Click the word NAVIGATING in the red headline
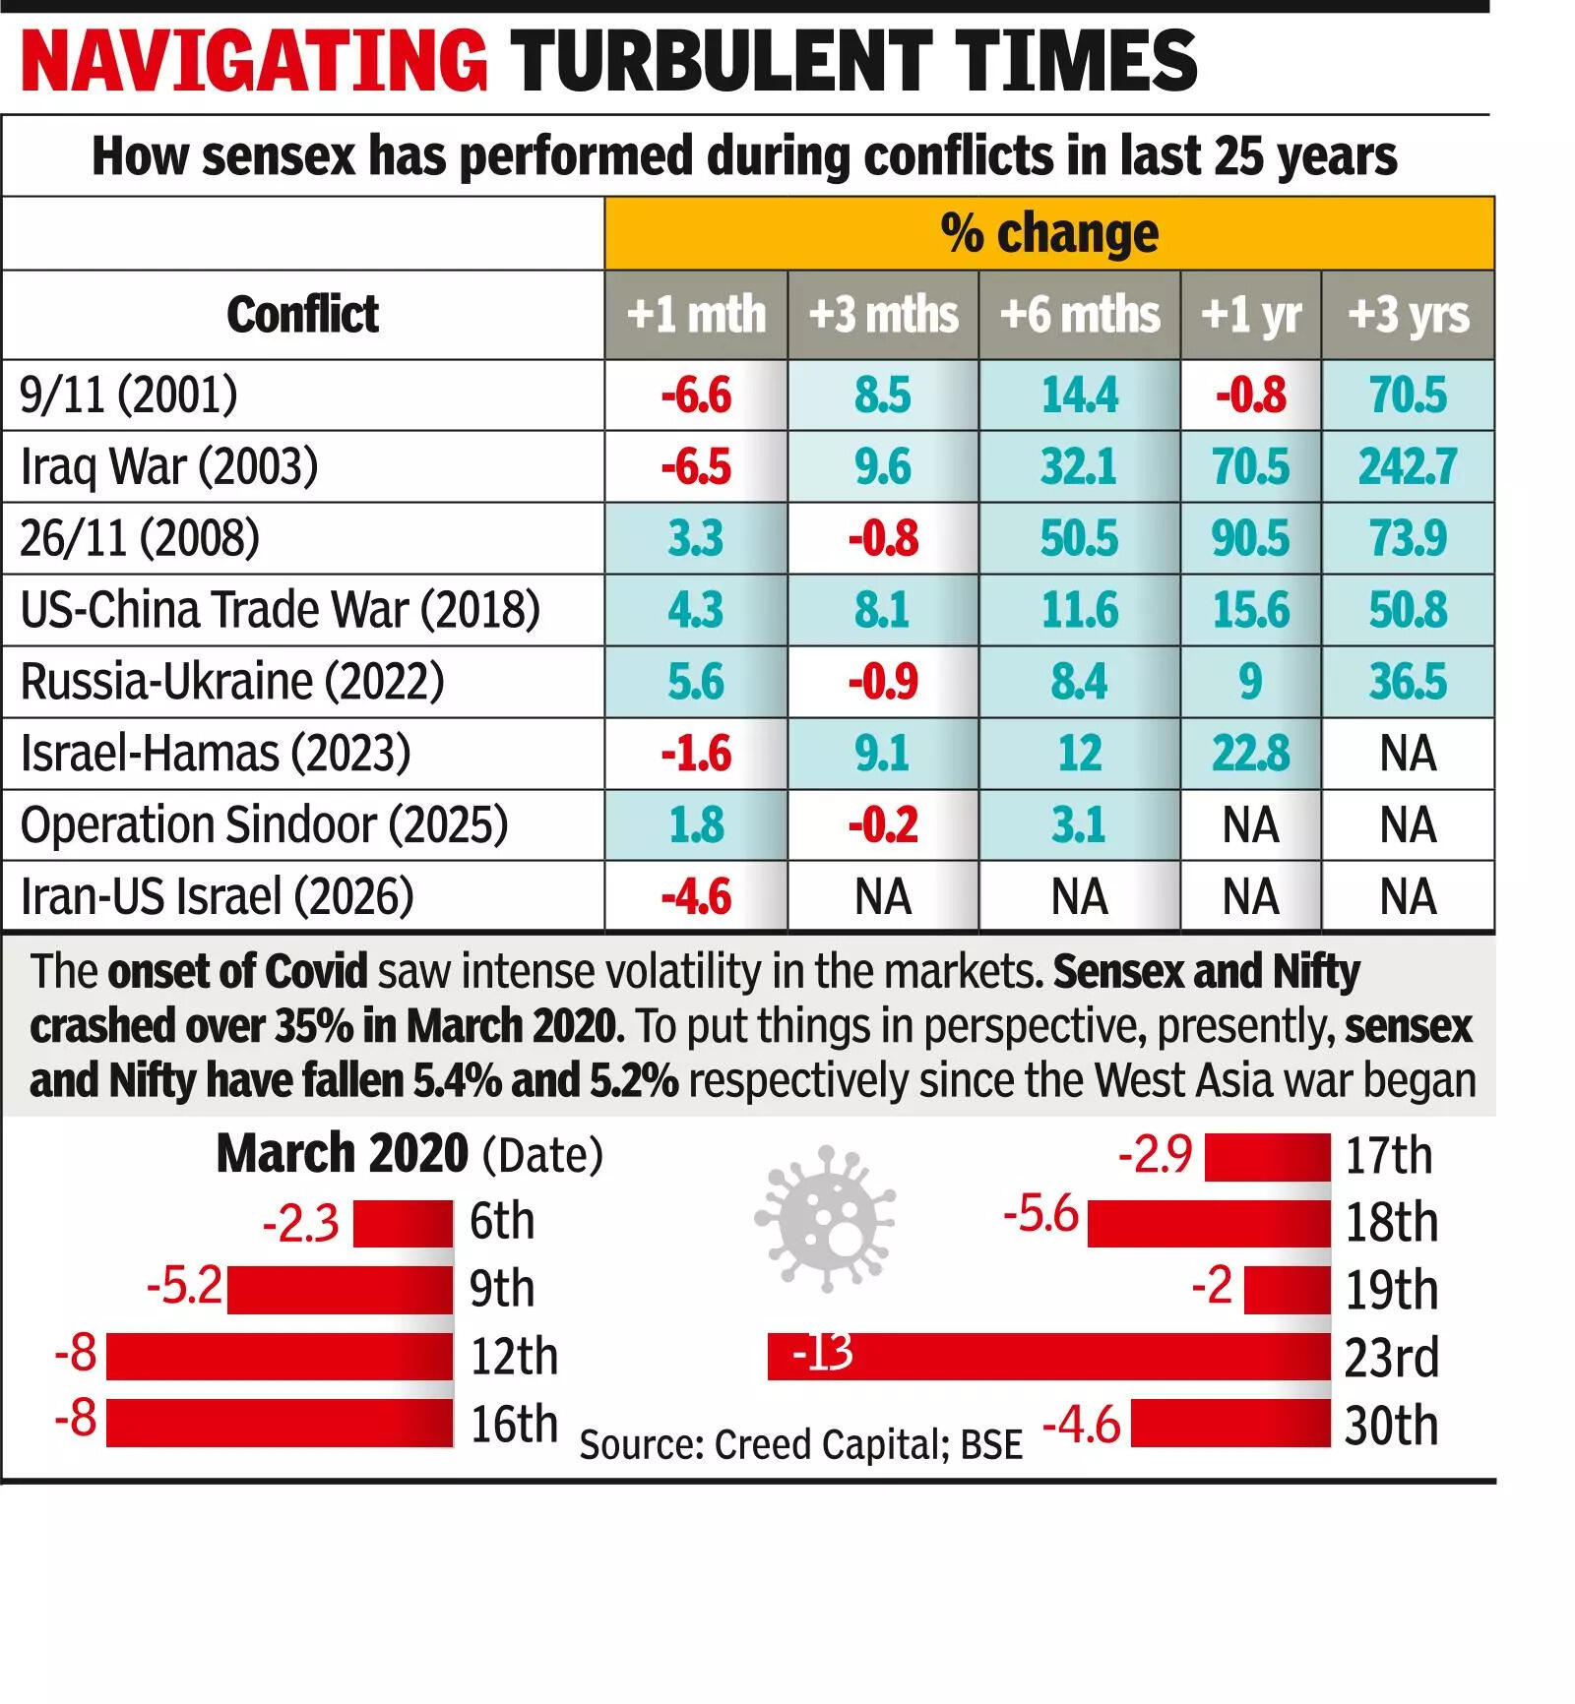click(254, 61)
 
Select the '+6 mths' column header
click(1079, 315)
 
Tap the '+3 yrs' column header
click(1408, 315)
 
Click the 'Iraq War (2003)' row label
click(169, 466)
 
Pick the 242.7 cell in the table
click(1408, 466)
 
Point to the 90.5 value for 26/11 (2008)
click(1250, 538)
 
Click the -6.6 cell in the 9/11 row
click(696, 396)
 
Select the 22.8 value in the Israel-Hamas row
click(1250, 754)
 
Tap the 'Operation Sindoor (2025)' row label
click(264, 824)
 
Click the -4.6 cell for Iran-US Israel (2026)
click(696, 897)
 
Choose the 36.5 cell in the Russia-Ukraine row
click(1408, 682)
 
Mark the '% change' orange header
click(1049, 234)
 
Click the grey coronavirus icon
click(825, 1218)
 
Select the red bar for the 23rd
click(1048, 1357)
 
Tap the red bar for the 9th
click(340, 1290)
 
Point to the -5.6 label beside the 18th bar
click(1040, 1214)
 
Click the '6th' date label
click(502, 1222)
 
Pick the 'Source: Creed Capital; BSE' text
click(800, 1444)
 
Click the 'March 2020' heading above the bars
click(342, 1153)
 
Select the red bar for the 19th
click(1287, 1290)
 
